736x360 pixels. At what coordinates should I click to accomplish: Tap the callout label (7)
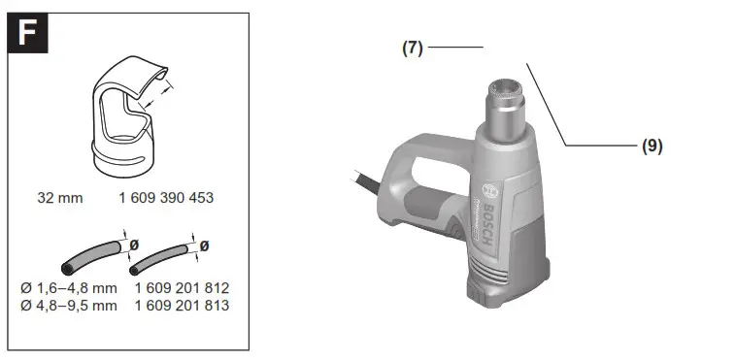point(413,48)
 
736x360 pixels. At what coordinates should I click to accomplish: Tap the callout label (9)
point(652,146)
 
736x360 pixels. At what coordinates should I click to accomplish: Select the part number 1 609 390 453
point(166,198)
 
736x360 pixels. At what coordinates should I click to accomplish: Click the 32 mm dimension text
point(60,198)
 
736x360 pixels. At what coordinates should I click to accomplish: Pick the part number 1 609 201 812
point(182,288)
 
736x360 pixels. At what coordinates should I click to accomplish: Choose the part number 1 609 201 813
point(182,305)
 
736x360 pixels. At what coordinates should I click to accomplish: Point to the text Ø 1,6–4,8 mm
point(69,288)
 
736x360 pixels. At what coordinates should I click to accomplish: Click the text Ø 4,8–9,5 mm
point(69,305)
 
